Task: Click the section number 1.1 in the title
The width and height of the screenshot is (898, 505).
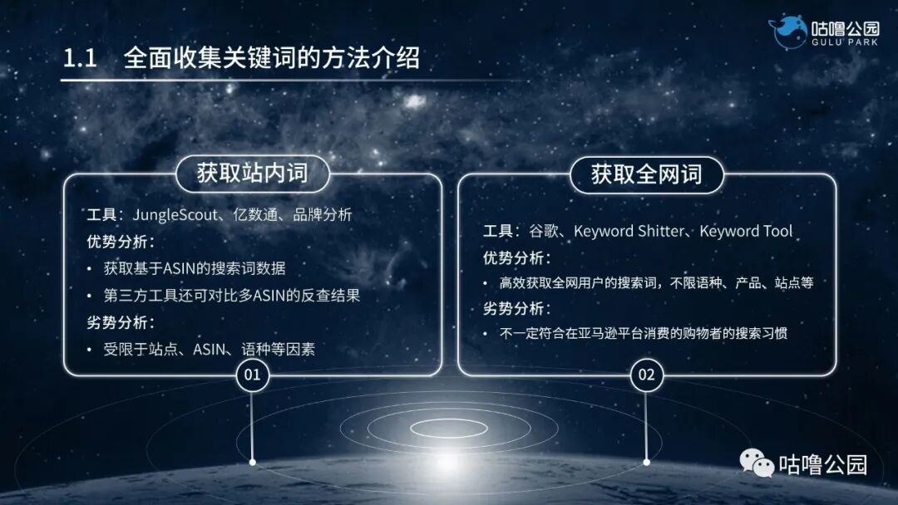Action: click(81, 60)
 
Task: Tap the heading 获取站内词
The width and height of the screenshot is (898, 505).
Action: click(252, 173)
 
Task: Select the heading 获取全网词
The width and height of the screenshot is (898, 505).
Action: click(646, 174)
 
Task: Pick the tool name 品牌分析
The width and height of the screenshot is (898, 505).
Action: click(323, 214)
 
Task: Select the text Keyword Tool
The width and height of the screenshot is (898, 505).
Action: click(746, 231)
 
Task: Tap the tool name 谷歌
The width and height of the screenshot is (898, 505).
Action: click(542, 231)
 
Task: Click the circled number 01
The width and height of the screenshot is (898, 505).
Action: click(252, 375)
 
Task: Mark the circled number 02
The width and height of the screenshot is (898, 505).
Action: click(646, 375)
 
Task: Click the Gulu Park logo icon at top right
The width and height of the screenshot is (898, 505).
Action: click(787, 32)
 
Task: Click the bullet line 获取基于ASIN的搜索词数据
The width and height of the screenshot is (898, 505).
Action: click(195, 268)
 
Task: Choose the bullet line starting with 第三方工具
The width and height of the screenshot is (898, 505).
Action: click(231, 295)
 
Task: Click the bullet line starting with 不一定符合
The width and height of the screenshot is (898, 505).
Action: click(643, 334)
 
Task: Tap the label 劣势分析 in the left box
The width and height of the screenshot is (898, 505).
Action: click(121, 322)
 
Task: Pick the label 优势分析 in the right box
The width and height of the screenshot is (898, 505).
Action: click(516, 257)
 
